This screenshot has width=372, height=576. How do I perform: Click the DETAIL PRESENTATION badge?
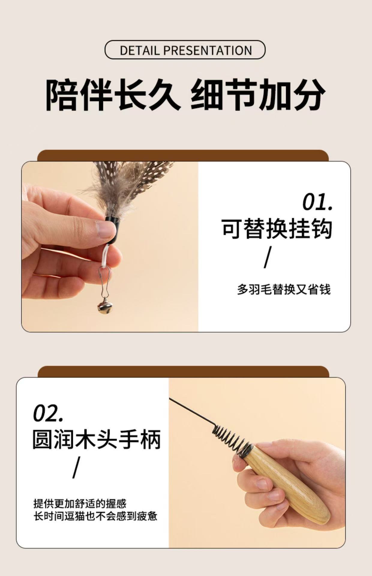185,50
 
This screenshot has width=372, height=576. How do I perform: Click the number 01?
317,202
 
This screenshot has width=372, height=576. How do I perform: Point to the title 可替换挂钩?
277,229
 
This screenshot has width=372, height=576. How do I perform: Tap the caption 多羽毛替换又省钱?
284,289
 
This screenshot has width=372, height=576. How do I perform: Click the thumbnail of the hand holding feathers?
110,247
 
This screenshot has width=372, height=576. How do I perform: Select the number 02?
48,413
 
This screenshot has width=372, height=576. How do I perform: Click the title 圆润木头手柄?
97,439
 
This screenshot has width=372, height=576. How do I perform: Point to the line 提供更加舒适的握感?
80,503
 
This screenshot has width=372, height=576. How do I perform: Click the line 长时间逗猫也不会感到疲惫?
95,516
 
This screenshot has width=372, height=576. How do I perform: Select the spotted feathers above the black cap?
129,186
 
